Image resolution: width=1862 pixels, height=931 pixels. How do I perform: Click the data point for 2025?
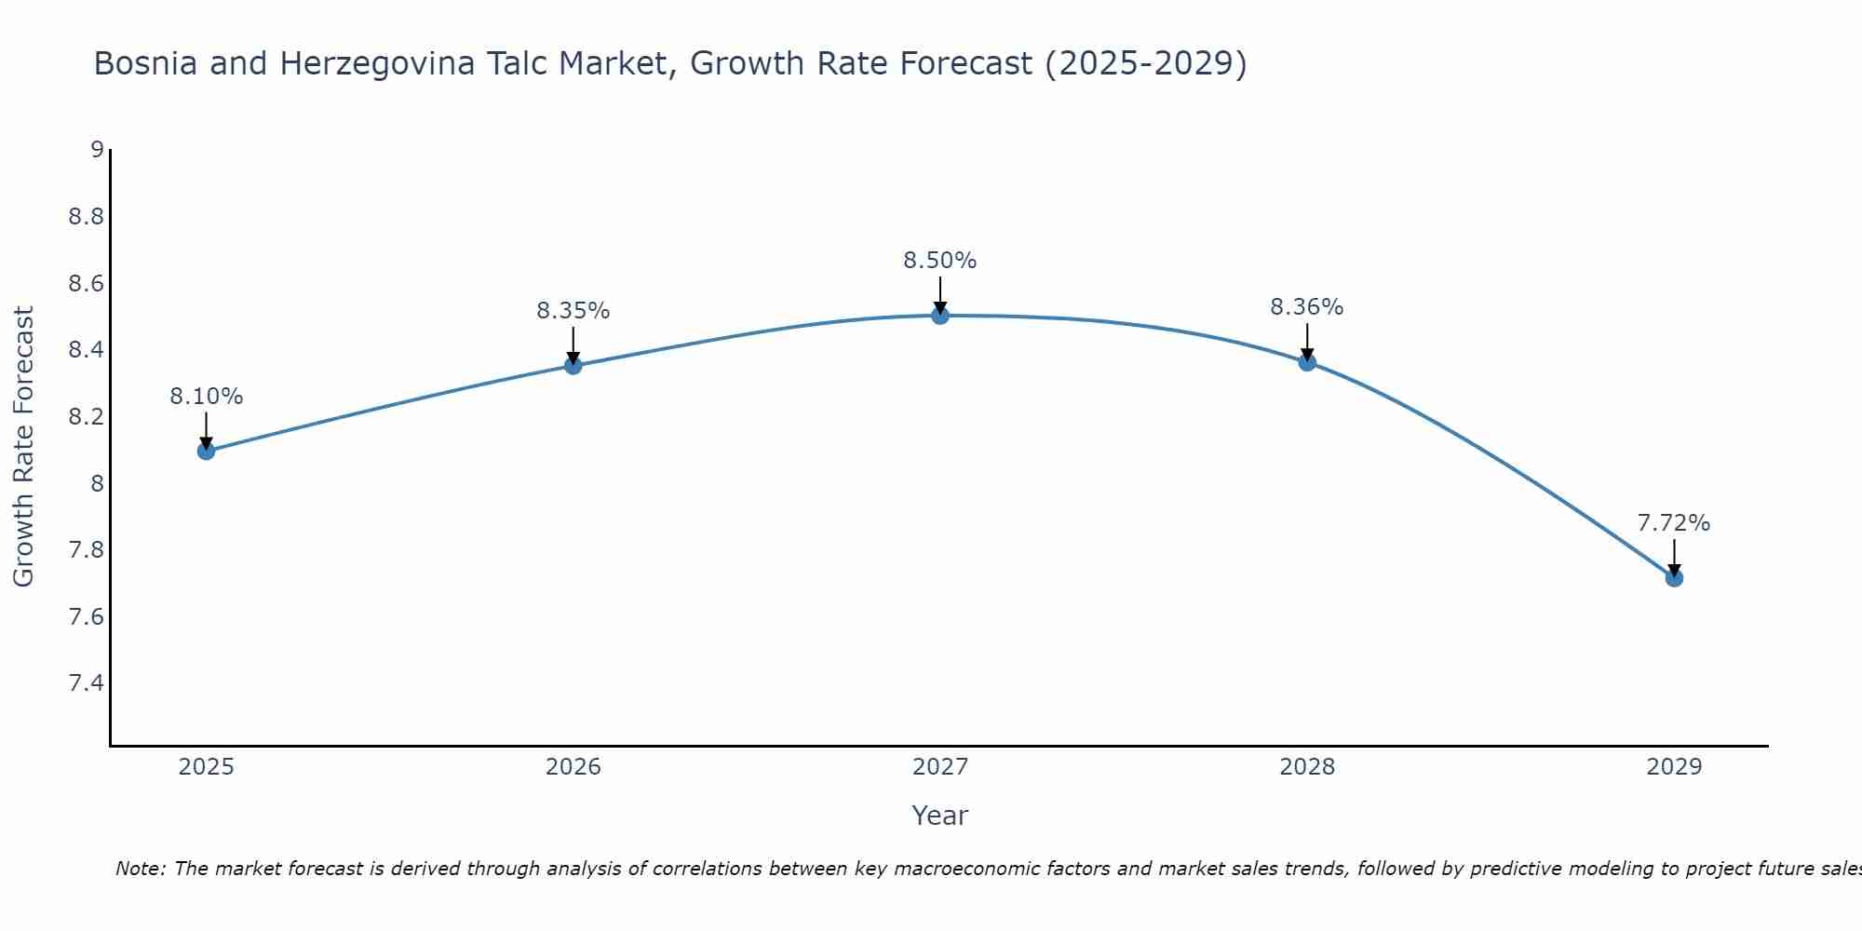pos(206,452)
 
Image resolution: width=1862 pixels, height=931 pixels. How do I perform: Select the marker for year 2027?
pos(940,316)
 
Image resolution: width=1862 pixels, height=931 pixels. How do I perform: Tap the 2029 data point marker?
pos(1674,578)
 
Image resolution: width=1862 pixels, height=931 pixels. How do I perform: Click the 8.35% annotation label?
pos(573,311)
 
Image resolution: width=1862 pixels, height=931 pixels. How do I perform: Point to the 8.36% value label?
pos(1306,307)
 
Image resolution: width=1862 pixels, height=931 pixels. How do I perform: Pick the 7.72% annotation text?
pos(1673,523)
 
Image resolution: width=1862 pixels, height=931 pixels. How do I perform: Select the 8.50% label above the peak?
pos(939,261)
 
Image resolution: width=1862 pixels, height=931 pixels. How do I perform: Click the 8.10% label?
pos(206,397)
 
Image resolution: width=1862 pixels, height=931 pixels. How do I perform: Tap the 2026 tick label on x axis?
pos(573,767)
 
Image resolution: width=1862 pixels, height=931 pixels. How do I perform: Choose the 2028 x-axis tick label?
pos(1306,767)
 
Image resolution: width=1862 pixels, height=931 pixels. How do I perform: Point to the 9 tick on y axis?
pos(96,150)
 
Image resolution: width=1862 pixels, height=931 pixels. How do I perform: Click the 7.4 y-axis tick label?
pos(86,683)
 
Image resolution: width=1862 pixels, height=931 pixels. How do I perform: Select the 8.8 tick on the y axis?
pos(86,217)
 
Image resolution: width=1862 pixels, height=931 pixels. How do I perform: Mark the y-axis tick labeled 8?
pos(96,483)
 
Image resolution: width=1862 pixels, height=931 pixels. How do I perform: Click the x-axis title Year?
pos(939,816)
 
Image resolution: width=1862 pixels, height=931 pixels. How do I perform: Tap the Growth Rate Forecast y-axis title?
pos(23,446)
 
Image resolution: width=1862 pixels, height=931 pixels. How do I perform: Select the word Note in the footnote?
pos(139,869)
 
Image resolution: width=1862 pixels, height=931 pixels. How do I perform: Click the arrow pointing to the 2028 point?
pos(1307,343)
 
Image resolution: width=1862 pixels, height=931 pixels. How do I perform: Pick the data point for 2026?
pos(573,366)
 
